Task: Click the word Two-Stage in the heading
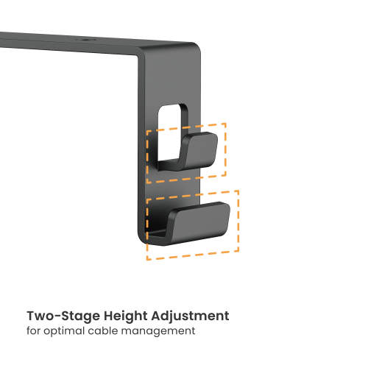pyautogui.click(x=58, y=316)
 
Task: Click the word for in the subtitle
pyautogui.click(x=35, y=331)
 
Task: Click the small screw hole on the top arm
pyautogui.click(x=90, y=43)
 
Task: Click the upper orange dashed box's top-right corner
pyautogui.click(x=226, y=124)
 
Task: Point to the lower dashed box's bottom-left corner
pyautogui.click(x=147, y=259)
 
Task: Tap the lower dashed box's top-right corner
pyautogui.click(x=238, y=190)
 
